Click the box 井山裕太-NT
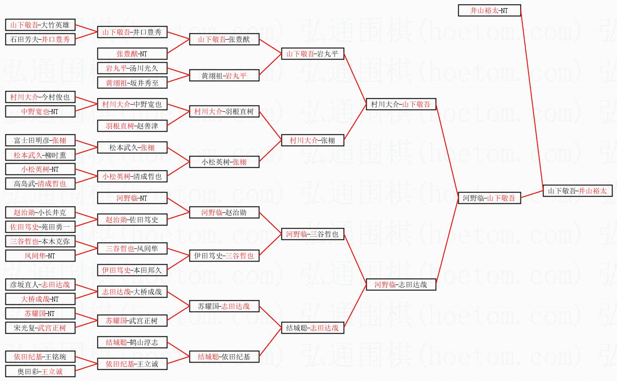(489, 10)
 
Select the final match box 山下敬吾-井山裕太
(577, 191)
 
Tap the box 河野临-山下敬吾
(489, 197)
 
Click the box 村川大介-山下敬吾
(401, 104)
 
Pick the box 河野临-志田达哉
(401, 285)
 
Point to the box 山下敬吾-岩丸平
(313, 54)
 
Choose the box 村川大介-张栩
(313, 140)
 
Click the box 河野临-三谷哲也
(313, 234)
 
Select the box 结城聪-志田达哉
(313, 328)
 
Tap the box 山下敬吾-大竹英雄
(40, 25)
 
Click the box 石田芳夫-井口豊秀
(40, 39)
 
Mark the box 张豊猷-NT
(132, 54)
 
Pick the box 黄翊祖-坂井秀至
(132, 83)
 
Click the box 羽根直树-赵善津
(132, 126)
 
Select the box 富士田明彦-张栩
(40, 140)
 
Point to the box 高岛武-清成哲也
(40, 184)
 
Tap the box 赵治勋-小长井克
(40, 212)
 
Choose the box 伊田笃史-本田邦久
(132, 270)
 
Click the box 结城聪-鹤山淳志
(132, 342)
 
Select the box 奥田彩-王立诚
(40, 372)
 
